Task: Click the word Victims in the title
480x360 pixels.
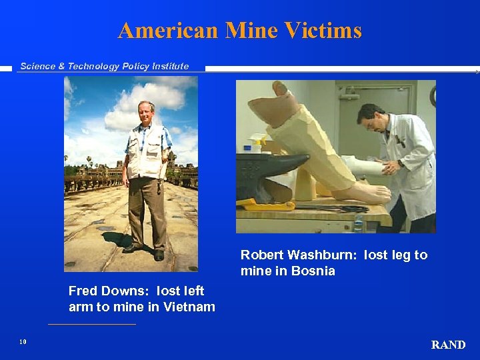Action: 323,31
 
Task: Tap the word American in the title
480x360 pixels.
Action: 169,31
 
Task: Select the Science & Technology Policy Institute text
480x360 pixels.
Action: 104,66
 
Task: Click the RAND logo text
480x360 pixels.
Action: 448,345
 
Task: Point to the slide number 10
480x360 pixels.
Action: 23,342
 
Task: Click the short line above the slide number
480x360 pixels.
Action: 91,325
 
